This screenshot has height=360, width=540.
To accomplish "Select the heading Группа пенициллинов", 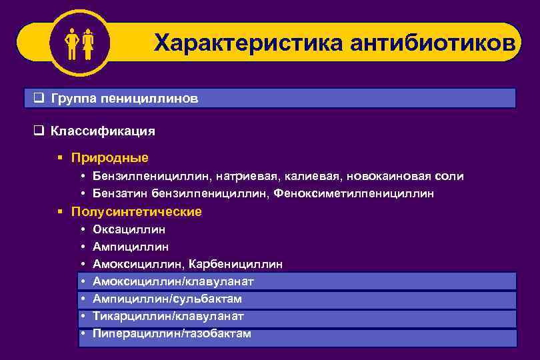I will tap(124, 99).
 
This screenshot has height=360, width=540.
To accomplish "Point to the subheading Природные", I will tap(110, 158).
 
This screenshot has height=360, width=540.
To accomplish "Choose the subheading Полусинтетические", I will tap(137, 211).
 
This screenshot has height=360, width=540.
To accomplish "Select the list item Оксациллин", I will tap(129, 229).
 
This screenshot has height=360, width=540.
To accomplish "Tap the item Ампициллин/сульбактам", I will tap(167, 299).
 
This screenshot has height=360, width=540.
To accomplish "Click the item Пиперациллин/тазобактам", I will tap(172, 333).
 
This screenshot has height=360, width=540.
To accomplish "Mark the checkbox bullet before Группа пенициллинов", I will tap(39, 99).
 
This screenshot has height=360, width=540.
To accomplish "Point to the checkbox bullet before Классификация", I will tap(39, 131).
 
